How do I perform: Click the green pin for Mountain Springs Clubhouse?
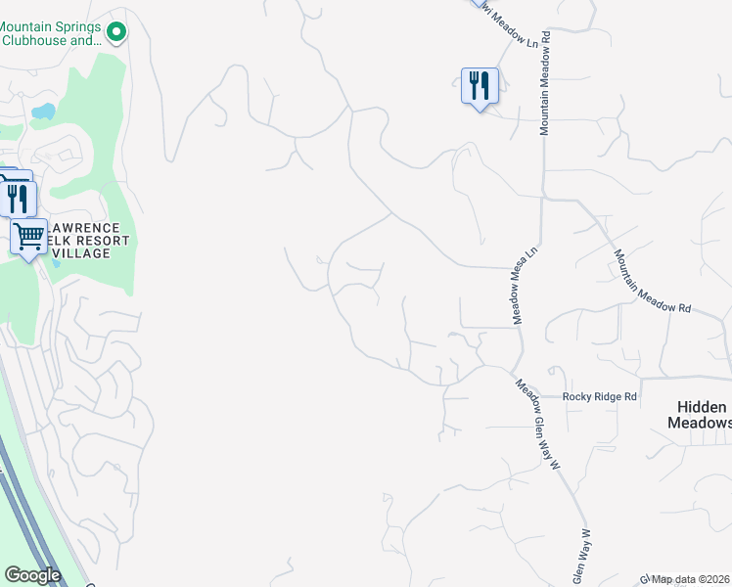(x=116, y=33)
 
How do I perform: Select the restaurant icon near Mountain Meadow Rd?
(x=480, y=86)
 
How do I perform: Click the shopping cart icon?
(x=29, y=236)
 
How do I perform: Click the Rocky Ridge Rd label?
(x=600, y=397)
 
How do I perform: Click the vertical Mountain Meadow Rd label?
(x=545, y=82)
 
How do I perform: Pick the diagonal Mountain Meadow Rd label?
(x=652, y=281)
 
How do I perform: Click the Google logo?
(x=32, y=575)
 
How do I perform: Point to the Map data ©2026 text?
(x=691, y=579)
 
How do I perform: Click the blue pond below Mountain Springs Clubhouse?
(x=42, y=112)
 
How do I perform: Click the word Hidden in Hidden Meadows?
(x=702, y=407)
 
